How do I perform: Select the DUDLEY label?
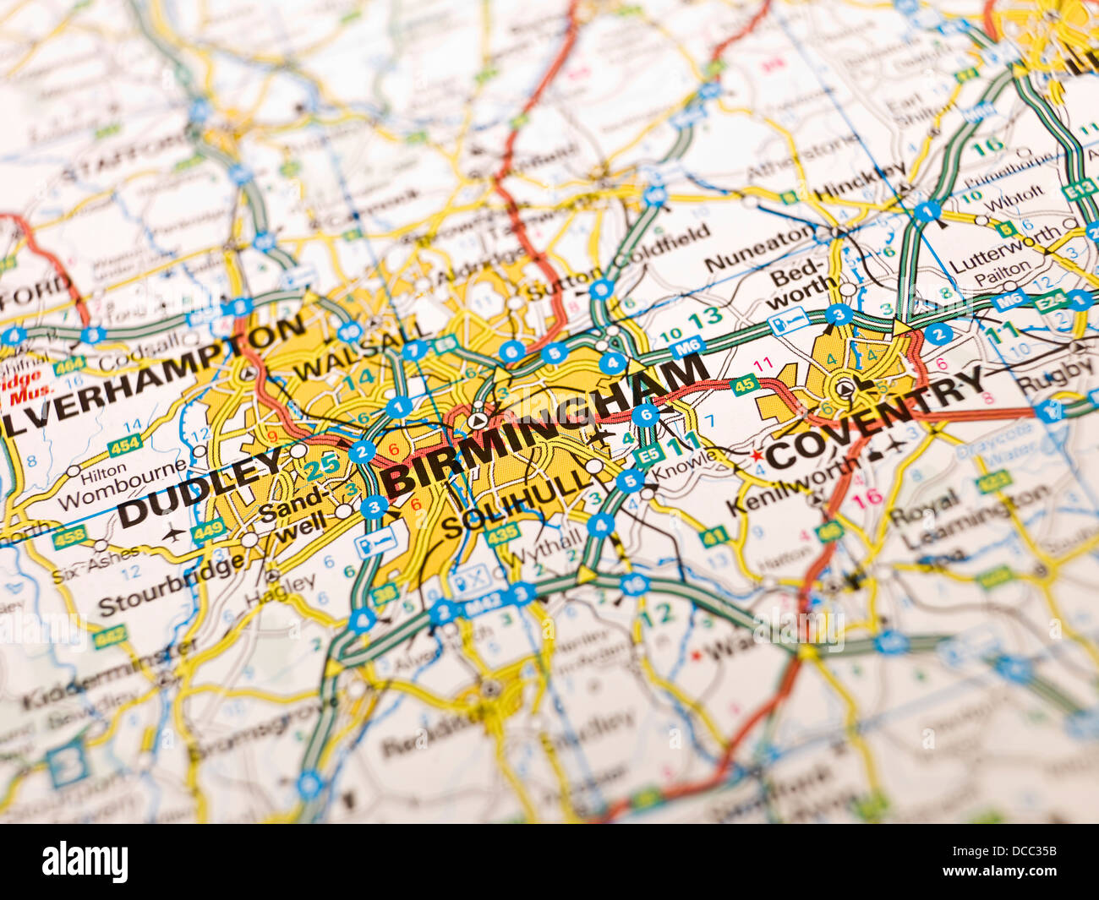(x=200, y=488)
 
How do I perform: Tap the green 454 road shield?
(x=123, y=445)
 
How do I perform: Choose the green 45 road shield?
(x=743, y=385)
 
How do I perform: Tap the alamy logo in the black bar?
(x=85, y=863)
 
